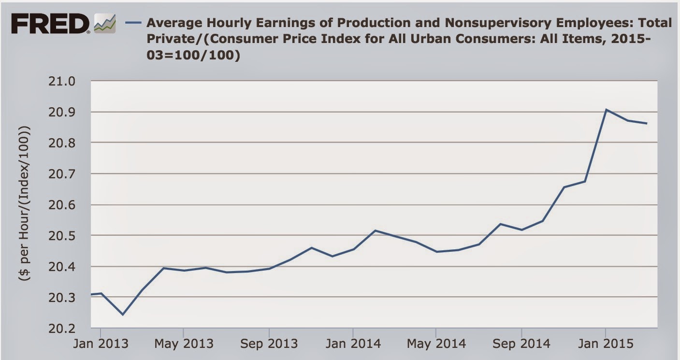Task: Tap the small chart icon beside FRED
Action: point(105,23)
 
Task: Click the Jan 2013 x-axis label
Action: point(101,344)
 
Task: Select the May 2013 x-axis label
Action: point(184,344)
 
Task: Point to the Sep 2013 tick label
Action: point(269,344)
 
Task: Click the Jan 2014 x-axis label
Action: point(353,344)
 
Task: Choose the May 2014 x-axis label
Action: point(436,344)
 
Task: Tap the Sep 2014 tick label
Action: point(521,344)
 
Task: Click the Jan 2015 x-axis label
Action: point(605,344)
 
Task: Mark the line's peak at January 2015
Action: point(606,110)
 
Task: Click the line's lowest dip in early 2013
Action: point(122,315)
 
